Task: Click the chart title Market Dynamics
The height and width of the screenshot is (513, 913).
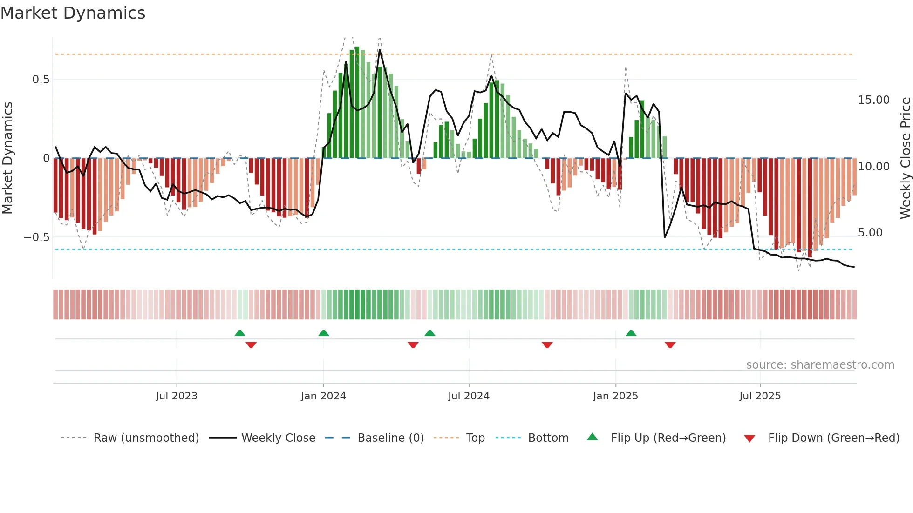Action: (x=73, y=13)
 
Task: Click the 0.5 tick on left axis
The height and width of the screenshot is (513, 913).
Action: (x=41, y=80)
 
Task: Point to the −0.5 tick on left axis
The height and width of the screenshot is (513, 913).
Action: (x=36, y=237)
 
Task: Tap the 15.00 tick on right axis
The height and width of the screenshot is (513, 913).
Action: (x=873, y=100)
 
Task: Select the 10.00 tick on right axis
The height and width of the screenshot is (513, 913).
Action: (x=873, y=166)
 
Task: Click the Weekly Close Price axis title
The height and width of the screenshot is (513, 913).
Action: (x=905, y=158)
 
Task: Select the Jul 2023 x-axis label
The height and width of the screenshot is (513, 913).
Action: (x=177, y=396)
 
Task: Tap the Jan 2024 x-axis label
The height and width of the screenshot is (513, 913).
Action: (x=323, y=396)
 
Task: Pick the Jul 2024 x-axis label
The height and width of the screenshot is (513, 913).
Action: (x=469, y=396)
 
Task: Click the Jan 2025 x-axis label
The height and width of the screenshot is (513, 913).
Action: (x=615, y=396)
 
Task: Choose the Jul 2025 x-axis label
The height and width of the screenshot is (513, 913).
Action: (x=760, y=396)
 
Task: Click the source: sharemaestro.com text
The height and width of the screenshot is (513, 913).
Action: (x=820, y=365)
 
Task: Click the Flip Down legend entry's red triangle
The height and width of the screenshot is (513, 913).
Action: (x=749, y=439)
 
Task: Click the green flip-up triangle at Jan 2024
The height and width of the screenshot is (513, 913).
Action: (x=324, y=333)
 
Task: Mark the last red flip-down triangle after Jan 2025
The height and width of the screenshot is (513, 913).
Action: (x=670, y=345)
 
